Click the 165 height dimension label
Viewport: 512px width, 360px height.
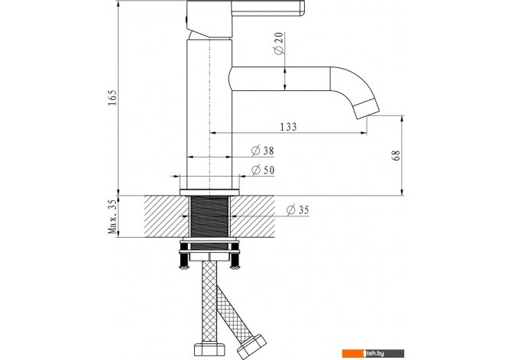click(112, 97)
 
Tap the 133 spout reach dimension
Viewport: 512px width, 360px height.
click(288, 126)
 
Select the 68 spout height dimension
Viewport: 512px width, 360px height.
click(396, 155)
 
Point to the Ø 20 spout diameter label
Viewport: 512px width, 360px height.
click(278, 44)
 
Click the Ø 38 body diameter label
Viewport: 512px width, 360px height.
click(263, 151)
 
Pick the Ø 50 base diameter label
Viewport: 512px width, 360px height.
click(263, 170)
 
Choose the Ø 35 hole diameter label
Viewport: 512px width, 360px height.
click(297, 210)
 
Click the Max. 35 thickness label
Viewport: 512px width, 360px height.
click(112, 216)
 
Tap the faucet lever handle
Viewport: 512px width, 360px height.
click(267, 8)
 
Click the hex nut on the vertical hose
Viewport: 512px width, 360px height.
click(209, 350)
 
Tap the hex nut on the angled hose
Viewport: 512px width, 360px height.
click(251, 347)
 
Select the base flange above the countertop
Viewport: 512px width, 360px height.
click(209, 192)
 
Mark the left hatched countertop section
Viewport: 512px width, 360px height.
click(167, 216)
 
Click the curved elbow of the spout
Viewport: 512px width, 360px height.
click(352, 86)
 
